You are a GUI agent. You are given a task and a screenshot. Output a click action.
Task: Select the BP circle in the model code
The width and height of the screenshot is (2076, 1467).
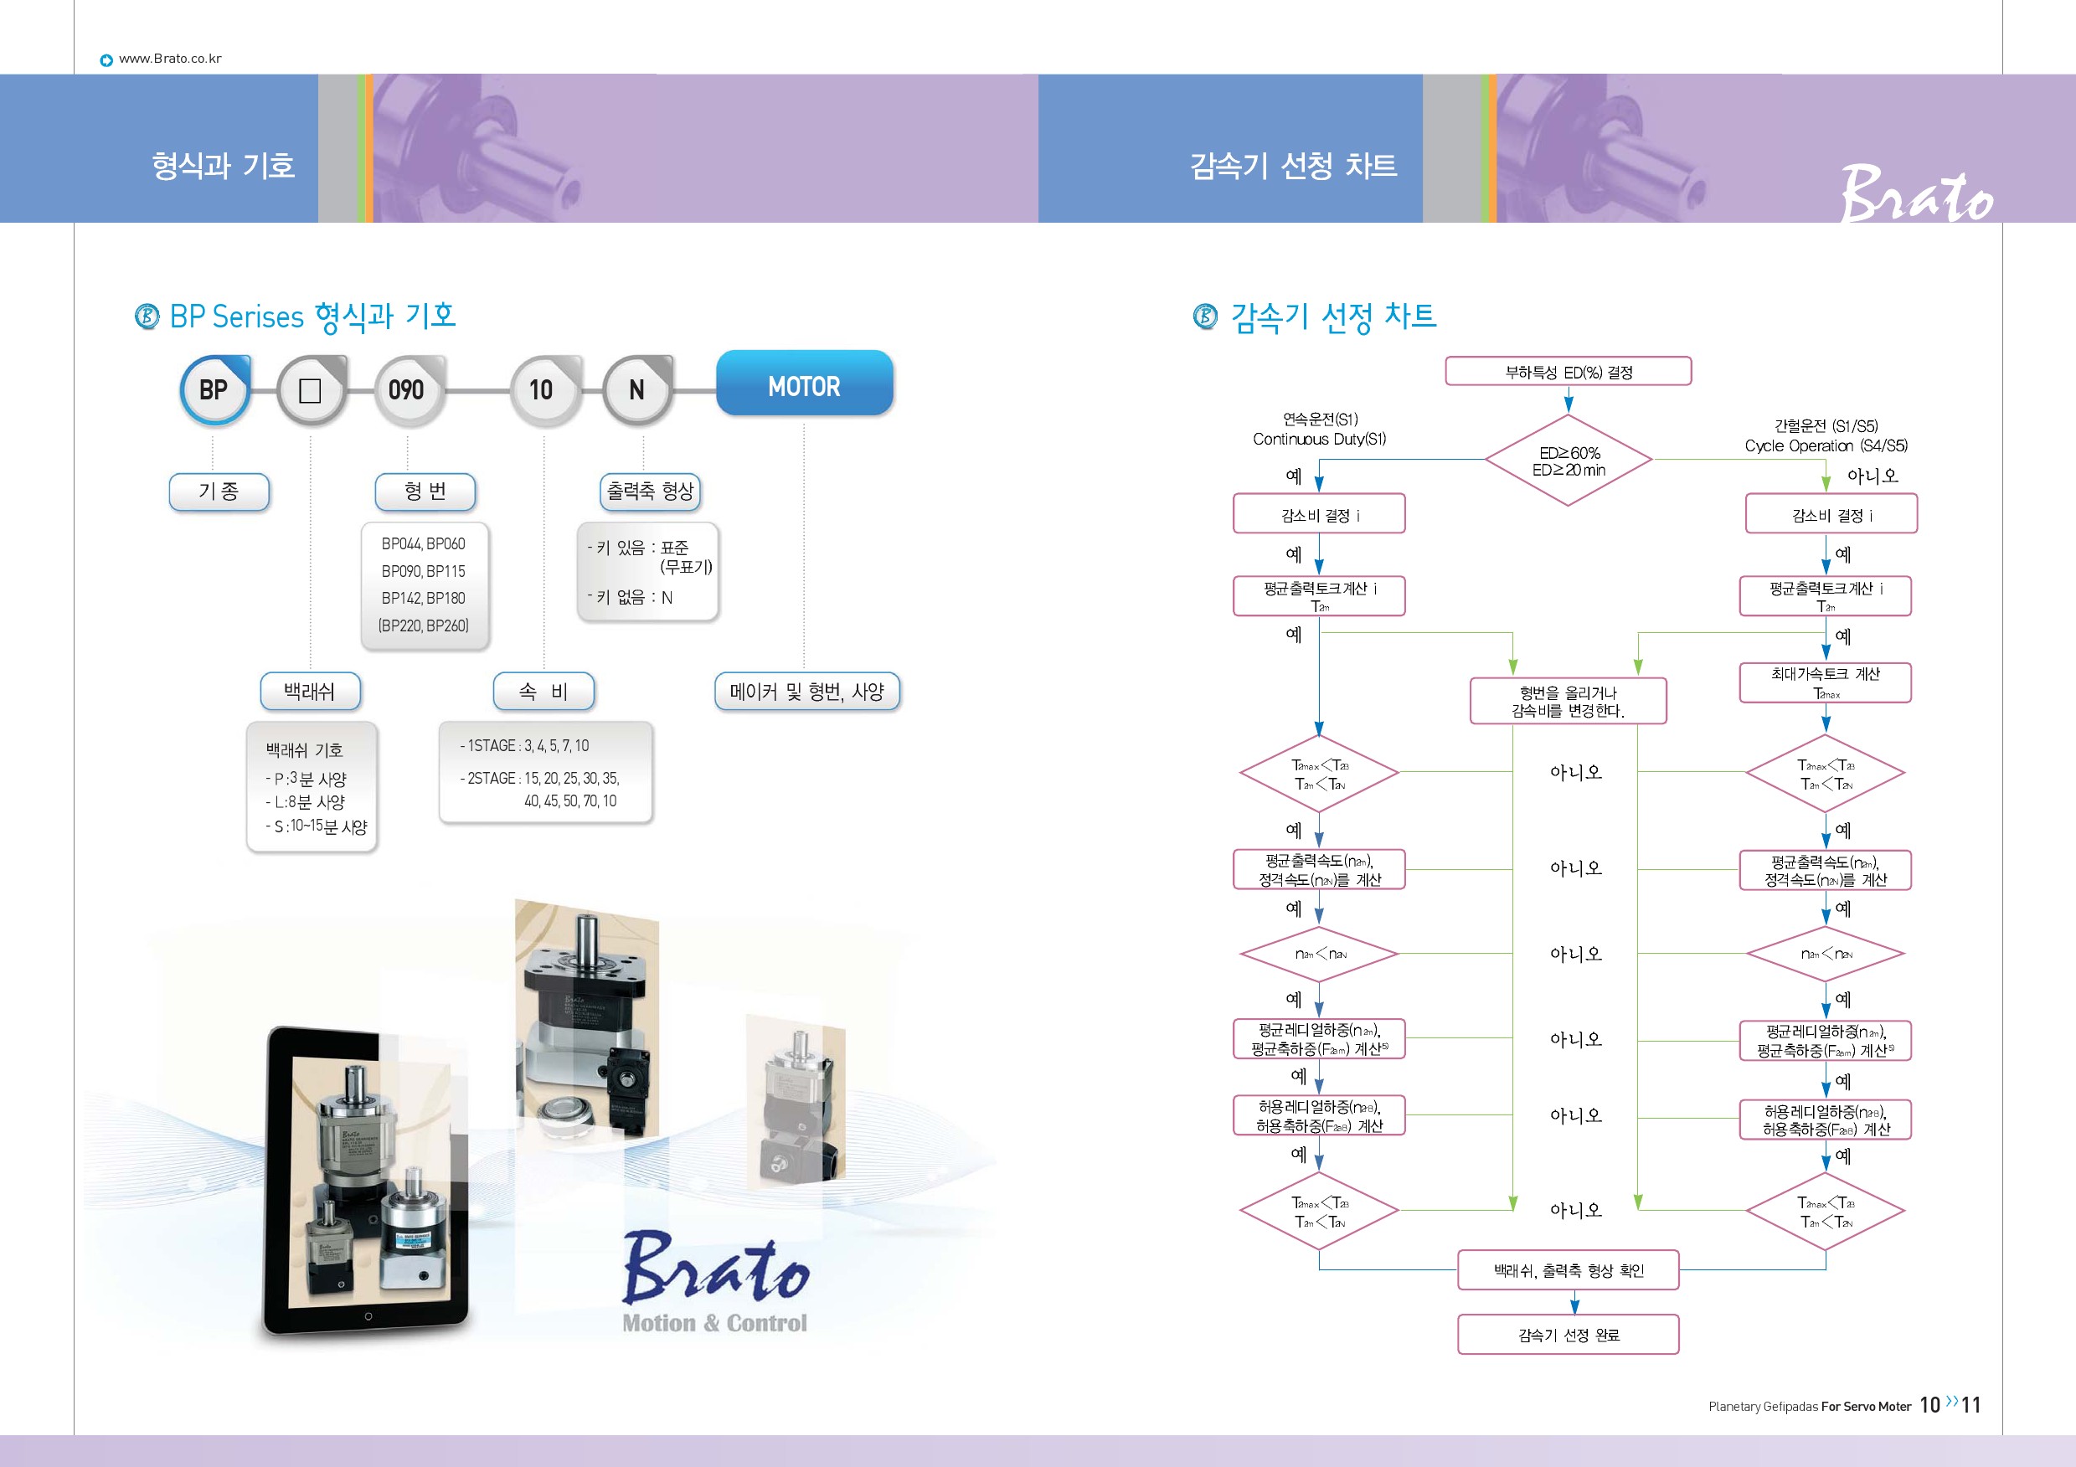coord(214,389)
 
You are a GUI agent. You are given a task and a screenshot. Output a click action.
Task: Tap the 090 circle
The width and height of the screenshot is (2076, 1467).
coord(407,389)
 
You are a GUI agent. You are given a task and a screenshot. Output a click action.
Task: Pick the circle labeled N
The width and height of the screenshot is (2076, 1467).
coord(636,389)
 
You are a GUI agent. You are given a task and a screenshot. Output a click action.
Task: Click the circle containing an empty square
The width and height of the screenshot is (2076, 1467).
coord(310,389)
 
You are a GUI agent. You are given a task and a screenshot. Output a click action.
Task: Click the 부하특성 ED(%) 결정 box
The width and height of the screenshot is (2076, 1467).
coord(1568,372)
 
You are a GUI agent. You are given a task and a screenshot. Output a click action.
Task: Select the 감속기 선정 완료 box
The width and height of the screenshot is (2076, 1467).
coord(1568,1334)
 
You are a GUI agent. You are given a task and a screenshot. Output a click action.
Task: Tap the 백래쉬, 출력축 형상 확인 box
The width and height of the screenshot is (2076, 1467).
coord(1568,1270)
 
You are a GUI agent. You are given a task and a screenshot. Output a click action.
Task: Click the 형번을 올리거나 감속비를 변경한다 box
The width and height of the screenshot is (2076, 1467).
coord(1568,702)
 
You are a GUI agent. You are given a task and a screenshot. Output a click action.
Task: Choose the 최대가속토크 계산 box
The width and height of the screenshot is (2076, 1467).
coord(1825,682)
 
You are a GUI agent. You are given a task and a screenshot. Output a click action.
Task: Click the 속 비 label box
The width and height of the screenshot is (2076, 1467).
coord(543,692)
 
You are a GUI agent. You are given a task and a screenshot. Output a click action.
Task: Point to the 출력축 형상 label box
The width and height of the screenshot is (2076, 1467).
coord(649,491)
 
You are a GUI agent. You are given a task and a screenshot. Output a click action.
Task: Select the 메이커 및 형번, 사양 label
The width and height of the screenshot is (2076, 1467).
coord(806,692)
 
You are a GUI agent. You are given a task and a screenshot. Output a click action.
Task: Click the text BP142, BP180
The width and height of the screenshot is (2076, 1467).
coord(423,599)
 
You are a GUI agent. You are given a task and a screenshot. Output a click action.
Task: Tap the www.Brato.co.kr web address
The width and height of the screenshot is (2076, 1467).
coord(170,59)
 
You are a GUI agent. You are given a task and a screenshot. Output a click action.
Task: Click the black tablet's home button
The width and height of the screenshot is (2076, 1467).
coord(368,1316)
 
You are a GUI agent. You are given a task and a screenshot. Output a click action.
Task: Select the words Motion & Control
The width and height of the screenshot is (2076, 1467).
coord(714,1323)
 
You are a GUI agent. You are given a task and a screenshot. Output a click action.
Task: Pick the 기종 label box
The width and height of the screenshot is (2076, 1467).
coord(219,491)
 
